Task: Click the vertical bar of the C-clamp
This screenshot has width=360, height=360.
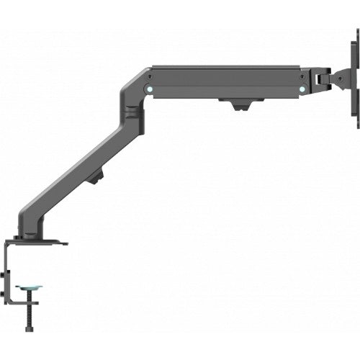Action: [9, 281]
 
